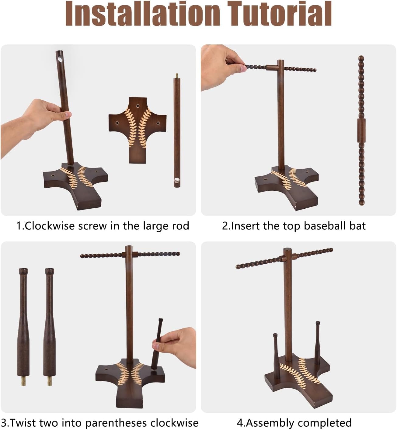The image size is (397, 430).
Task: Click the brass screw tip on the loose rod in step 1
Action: [176, 75]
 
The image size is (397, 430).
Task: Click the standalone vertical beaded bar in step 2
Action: [361, 131]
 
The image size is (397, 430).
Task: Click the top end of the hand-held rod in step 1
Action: [59, 56]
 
